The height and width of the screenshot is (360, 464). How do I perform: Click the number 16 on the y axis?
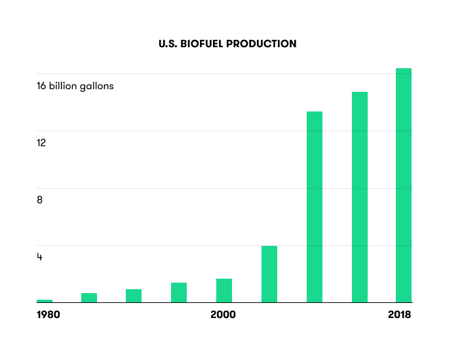[x=42, y=86]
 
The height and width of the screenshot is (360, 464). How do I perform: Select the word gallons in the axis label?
[x=96, y=87]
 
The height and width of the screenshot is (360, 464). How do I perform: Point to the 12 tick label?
[x=41, y=143]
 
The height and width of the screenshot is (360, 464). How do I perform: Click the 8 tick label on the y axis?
[x=40, y=200]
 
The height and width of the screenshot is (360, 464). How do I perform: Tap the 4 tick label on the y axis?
[x=40, y=257]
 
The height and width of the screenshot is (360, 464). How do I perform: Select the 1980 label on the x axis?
[x=48, y=315]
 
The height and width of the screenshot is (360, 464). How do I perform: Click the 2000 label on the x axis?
[x=223, y=315]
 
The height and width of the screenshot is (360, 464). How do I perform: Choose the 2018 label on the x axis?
[x=399, y=315]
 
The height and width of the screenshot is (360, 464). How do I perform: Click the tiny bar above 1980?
[x=45, y=300]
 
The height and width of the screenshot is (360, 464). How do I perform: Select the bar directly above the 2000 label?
[x=224, y=290]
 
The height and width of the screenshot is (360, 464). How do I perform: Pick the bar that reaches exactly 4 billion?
[x=269, y=274]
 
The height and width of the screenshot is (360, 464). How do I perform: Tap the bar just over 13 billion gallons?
[x=315, y=207]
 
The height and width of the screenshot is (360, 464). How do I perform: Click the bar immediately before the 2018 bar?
[x=360, y=197]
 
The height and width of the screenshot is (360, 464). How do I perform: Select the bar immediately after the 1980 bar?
[x=89, y=298]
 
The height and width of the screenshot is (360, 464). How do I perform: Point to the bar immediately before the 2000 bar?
[x=179, y=292]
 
